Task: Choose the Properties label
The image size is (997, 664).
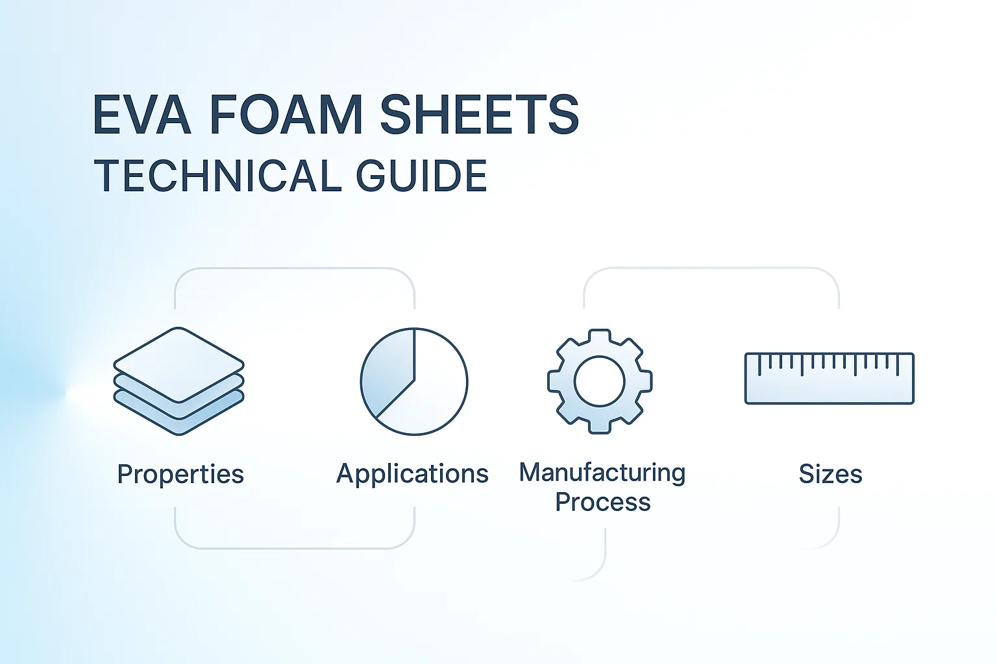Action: coord(180,474)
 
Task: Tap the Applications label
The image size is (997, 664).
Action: coord(412,473)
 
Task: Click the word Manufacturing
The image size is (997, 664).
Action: coord(602,472)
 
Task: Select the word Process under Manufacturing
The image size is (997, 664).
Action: coord(602,502)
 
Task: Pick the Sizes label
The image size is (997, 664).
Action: coord(830,474)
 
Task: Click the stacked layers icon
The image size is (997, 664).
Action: coord(178,381)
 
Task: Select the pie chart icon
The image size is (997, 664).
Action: coord(414,381)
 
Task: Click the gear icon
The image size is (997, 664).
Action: coord(600,381)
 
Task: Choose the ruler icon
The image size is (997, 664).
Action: coord(829,379)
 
